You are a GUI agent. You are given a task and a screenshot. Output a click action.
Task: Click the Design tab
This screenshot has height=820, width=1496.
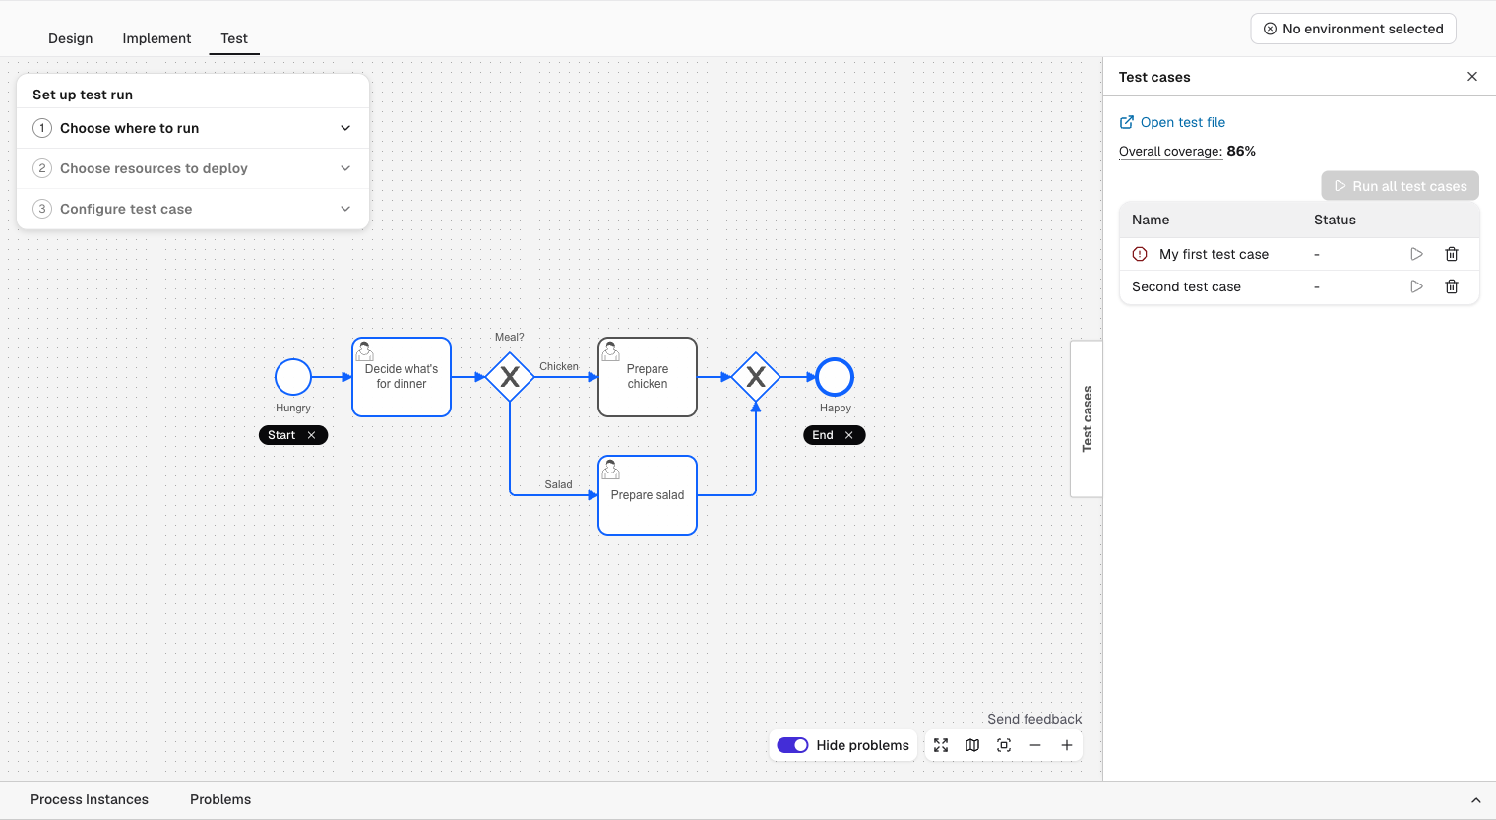[x=70, y=38]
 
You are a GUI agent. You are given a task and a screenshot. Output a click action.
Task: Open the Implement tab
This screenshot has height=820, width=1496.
[x=156, y=38]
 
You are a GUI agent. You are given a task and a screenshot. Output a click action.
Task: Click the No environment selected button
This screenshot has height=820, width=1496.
[x=1353, y=29]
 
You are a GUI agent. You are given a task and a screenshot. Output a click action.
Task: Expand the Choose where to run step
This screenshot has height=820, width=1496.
[x=192, y=128]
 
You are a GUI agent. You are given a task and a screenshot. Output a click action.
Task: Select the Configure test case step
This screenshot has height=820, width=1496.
[x=192, y=209]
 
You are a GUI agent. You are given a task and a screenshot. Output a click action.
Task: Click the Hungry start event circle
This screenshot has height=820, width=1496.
[x=293, y=377]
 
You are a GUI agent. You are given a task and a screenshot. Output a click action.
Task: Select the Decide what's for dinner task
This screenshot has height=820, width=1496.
[x=402, y=377]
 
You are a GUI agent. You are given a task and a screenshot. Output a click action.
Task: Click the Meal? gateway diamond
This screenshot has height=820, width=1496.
[x=510, y=377]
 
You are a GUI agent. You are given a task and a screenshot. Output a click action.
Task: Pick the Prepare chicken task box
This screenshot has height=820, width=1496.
[x=648, y=377]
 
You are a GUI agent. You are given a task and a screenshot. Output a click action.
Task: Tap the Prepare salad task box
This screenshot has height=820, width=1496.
[x=648, y=495]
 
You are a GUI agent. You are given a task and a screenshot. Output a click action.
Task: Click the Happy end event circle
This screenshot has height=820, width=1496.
[x=835, y=377]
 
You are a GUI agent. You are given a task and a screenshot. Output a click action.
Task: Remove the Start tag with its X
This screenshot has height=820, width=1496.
[x=311, y=435]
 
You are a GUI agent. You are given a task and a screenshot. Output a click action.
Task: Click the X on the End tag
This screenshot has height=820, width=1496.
[x=848, y=435]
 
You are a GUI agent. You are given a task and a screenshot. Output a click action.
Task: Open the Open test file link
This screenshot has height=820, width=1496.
[x=1172, y=122]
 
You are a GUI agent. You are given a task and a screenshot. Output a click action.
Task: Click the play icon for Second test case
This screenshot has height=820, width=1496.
[x=1416, y=287]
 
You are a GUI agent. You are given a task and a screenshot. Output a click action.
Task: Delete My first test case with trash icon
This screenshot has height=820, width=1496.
[x=1452, y=254]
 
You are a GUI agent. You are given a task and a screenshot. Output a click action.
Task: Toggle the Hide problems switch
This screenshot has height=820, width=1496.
[x=792, y=745]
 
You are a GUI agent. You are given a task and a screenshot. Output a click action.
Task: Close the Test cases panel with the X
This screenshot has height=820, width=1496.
[x=1472, y=77]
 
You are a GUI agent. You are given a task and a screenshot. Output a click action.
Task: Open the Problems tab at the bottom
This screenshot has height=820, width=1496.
[x=220, y=800]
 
